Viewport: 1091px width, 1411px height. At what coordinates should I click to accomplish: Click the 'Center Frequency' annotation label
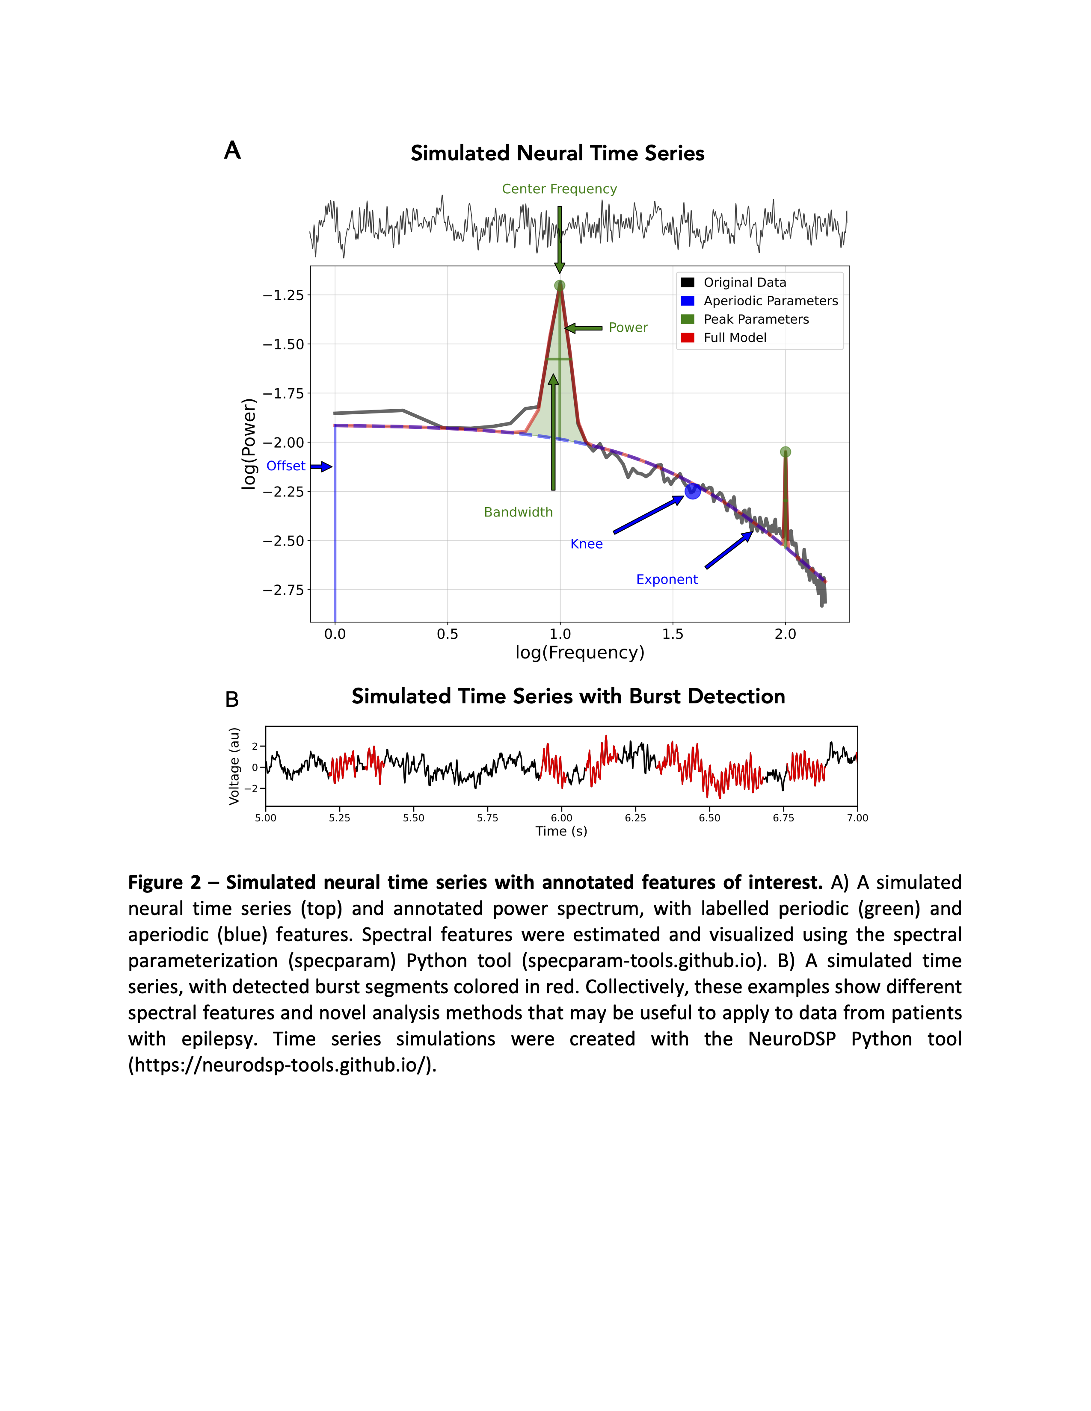pos(559,189)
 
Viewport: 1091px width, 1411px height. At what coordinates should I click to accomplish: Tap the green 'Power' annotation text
pos(628,328)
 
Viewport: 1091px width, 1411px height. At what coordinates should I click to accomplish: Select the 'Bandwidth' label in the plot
pos(519,512)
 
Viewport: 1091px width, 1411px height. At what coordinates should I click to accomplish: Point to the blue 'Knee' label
pos(586,544)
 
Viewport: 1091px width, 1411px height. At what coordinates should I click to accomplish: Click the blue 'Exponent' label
pos(666,579)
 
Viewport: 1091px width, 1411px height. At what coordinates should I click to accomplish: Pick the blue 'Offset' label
pos(286,466)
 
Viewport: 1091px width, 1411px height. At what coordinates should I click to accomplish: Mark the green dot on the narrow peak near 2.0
pos(785,452)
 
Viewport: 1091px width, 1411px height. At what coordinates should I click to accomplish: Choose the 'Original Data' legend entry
pos(744,282)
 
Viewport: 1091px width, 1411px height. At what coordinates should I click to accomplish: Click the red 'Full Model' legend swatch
pos(688,338)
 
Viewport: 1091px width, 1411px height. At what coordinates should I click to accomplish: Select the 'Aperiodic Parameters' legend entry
pos(771,301)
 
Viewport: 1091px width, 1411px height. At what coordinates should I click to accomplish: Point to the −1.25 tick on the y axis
pos(283,295)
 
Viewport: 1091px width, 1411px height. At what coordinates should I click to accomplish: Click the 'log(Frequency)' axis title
pos(580,652)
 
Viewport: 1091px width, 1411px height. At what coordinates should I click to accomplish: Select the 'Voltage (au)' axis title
pos(234,766)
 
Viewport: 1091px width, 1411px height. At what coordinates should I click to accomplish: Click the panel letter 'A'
pos(232,151)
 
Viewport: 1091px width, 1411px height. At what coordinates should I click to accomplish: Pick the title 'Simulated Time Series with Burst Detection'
pos(568,697)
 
